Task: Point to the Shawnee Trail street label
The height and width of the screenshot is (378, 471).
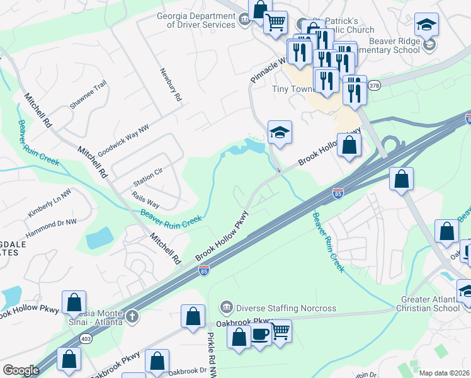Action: pos(88,95)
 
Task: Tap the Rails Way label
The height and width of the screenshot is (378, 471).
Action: pos(144,201)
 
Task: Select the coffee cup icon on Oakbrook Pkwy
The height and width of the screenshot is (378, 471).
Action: pos(259,335)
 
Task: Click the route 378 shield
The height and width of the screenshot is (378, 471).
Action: pos(374,85)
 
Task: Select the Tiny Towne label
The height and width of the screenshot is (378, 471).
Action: pos(293,89)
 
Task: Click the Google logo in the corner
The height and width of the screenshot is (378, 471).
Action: pos(21,370)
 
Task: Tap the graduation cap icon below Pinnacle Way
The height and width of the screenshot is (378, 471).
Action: pos(280,132)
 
